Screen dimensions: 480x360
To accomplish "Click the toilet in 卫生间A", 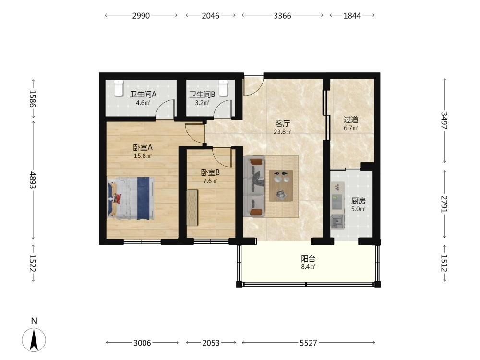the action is pos(119,88).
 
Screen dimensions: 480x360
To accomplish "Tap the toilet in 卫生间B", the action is pos(224,88).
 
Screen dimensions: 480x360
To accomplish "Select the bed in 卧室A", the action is pos(131,198).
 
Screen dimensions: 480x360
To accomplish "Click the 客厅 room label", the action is pos(283,124).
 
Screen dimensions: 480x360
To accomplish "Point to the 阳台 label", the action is pos(308,259).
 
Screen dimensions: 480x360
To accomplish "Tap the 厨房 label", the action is pos(358,201).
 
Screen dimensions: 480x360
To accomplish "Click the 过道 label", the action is pos(351,120).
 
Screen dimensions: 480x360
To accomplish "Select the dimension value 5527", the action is pos(308,343).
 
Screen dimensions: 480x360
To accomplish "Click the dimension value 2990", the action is pos(141,16).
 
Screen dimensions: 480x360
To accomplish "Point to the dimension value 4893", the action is pos(33,180).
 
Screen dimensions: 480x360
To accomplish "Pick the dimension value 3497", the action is pos(444,120).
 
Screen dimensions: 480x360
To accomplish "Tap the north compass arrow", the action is pos(34,340).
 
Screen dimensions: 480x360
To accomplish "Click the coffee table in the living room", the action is pos(281,186).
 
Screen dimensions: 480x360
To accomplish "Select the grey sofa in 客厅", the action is pos(254,187).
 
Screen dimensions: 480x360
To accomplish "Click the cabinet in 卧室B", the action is pos(192,208).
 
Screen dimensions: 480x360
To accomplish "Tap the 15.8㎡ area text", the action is pos(143,156).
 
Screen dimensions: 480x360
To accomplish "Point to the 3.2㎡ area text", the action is pos(203,103).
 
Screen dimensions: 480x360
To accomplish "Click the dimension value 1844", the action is pos(352,16).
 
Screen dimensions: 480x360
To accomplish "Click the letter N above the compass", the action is pos(34,321).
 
